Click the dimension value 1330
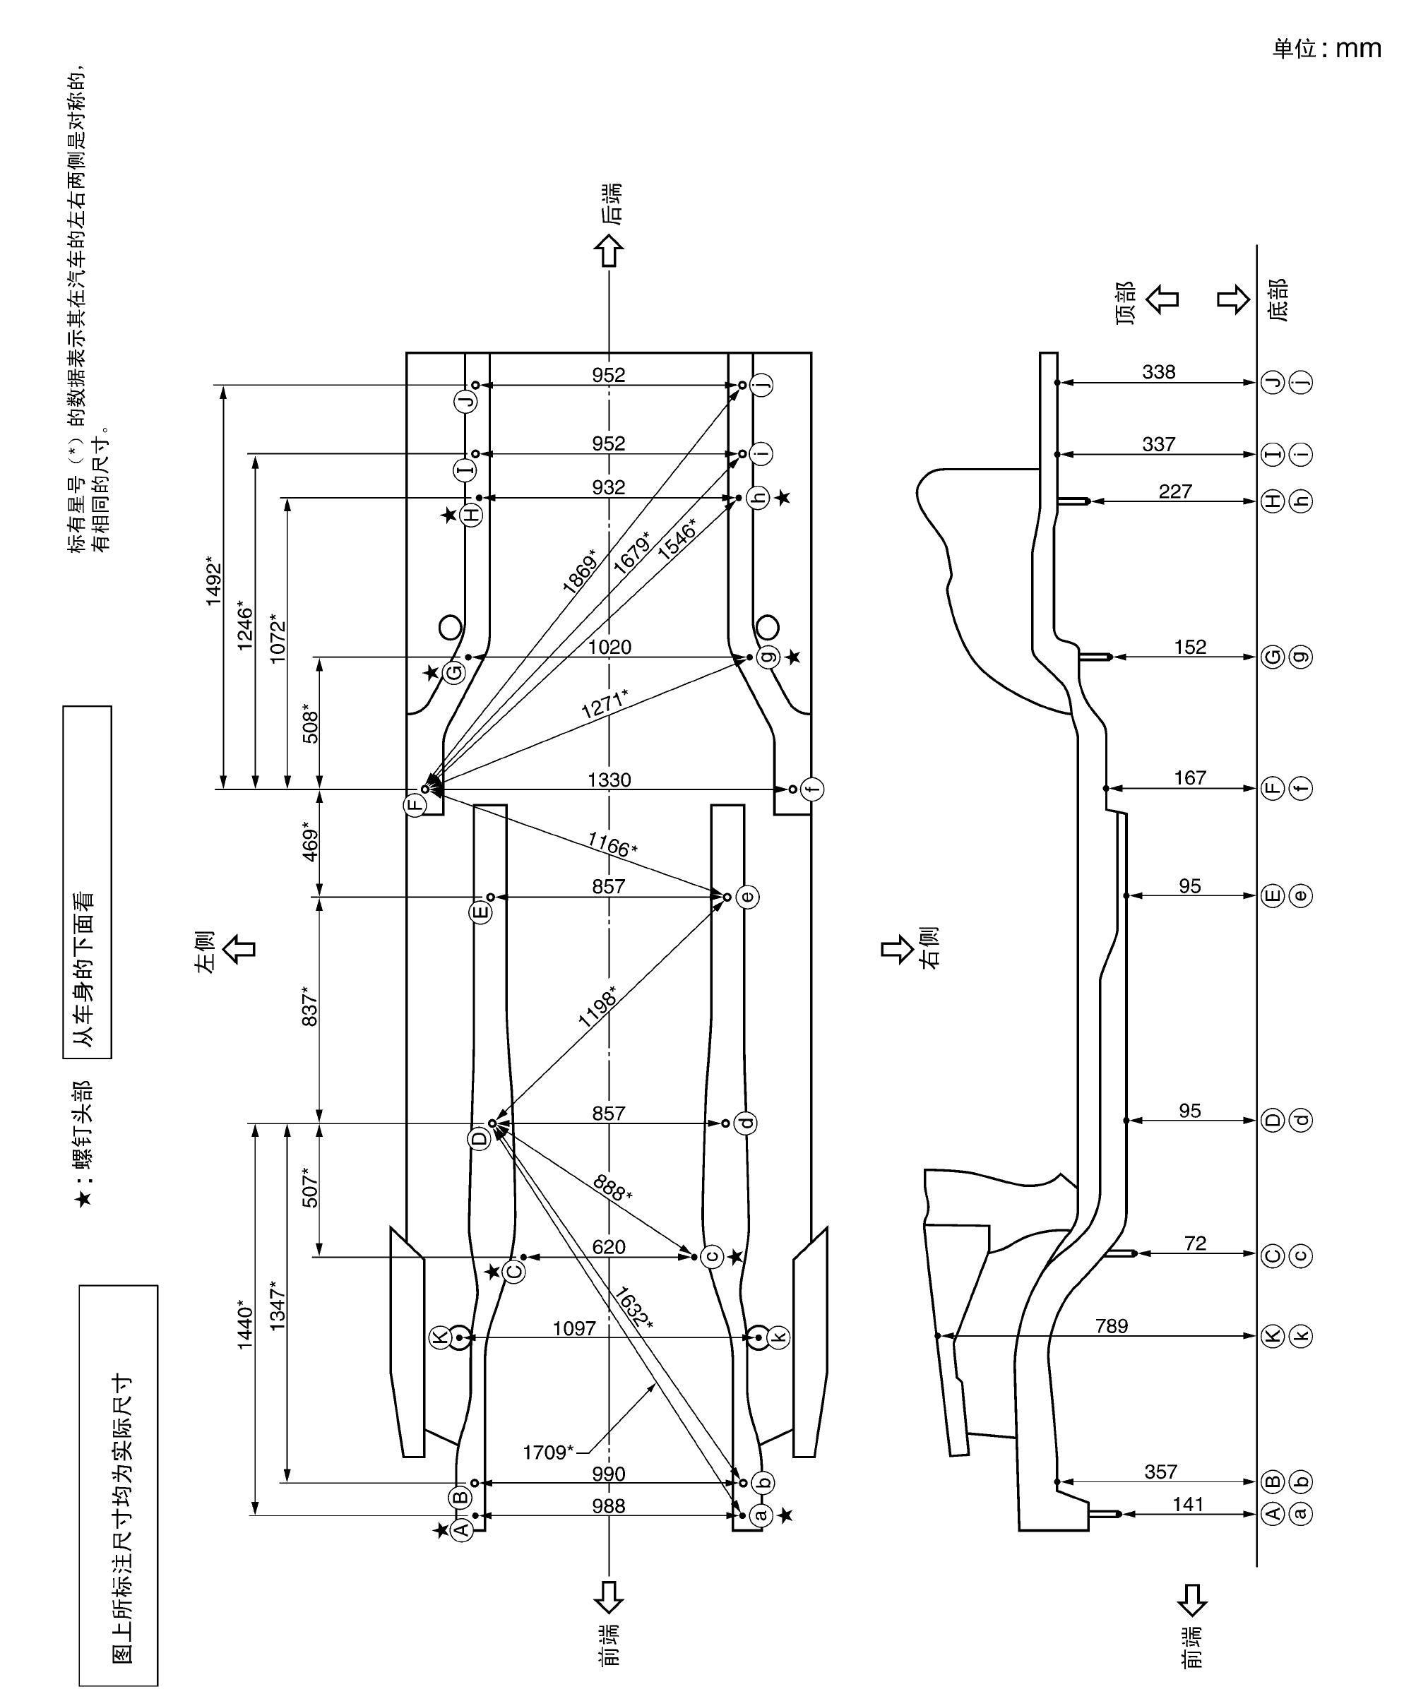pos(608,780)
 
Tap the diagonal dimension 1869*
pos(579,572)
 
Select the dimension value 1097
pos(574,1328)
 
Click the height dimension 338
pos(1158,372)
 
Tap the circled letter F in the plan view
pos(415,804)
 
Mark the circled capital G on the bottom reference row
pos(1273,657)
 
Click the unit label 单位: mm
pos(1326,49)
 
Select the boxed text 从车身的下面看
pos(87,882)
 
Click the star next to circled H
pos(450,514)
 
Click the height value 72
pos(1194,1243)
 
